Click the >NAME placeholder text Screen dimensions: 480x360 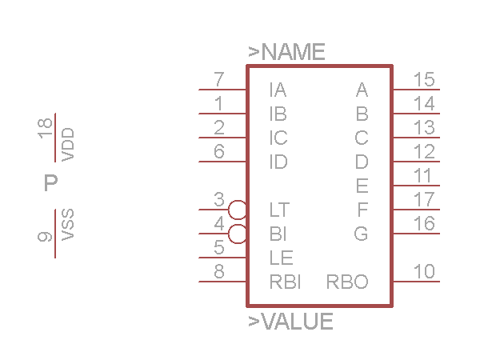tap(286, 52)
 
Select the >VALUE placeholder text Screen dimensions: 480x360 tap(290, 322)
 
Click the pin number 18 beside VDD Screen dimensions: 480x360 tap(45, 129)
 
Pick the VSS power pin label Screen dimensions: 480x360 tap(68, 225)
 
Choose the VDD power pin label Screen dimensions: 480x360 tap(68, 145)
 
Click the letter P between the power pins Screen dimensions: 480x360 tap(51, 182)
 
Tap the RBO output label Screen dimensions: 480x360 tap(347, 282)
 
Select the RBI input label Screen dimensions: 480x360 tap(286, 282)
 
